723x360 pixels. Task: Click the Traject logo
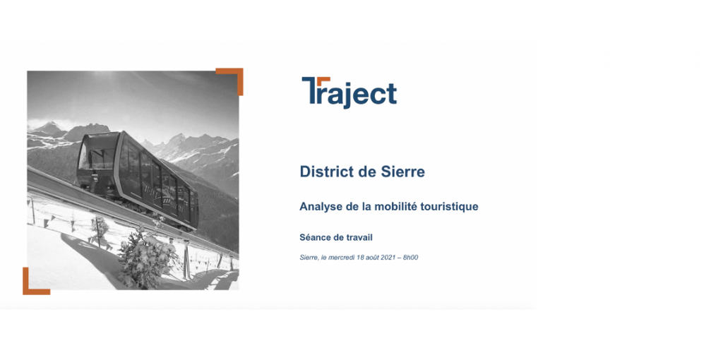click(349, 92)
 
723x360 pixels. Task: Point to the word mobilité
click(393, 206)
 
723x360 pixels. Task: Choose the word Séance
click(315, 237)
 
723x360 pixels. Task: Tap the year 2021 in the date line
click(388, 257)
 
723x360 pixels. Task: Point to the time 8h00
click(410, 257)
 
